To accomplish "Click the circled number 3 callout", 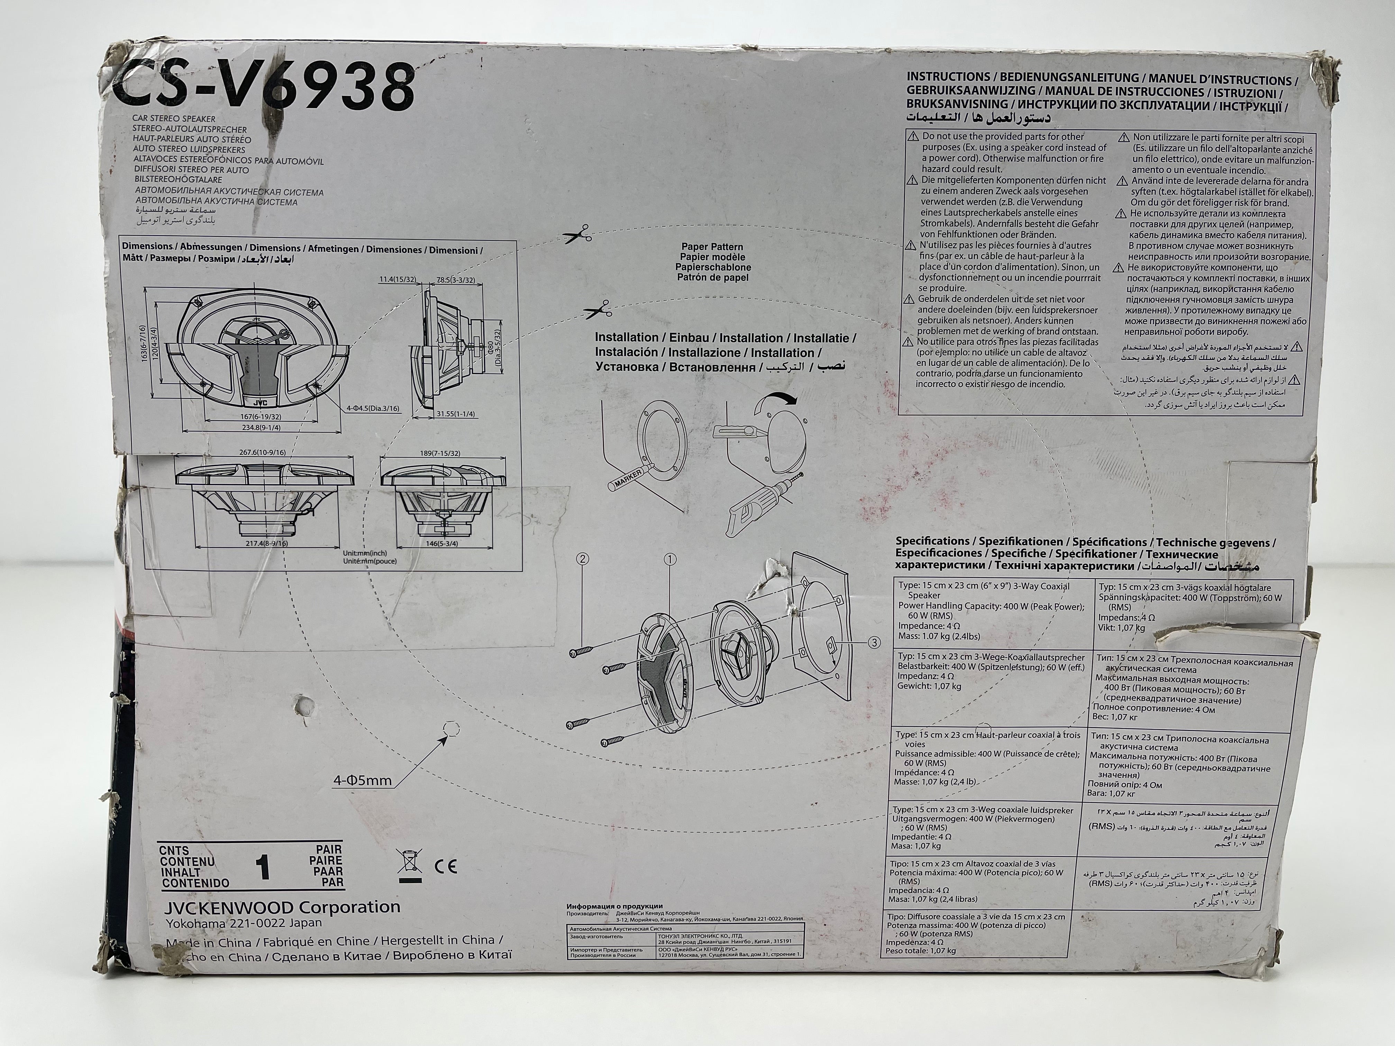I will [874, 642].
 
